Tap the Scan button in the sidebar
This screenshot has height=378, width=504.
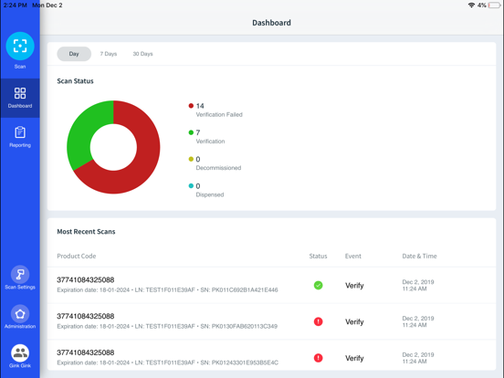point(20,47)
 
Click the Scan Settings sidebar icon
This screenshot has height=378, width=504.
point(20,275)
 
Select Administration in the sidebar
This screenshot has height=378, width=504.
point(20,314)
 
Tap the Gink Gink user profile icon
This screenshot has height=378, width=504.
point(20,353)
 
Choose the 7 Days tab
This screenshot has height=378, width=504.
point(109,54)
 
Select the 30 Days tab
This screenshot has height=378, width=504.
point(142,54)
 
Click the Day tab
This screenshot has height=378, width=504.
point(74,54)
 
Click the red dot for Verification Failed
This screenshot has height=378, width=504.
point(191,106)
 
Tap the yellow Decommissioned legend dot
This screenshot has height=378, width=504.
point(191,159)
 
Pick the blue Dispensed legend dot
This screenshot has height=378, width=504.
point(191,186)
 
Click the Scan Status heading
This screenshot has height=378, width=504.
point(75,81)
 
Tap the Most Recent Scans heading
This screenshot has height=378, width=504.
point(86,232)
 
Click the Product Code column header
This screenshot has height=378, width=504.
point(76,257)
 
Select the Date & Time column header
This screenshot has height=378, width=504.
point(419,257)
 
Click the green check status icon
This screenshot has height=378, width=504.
point(318,286)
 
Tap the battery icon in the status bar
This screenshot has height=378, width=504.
point(494,5)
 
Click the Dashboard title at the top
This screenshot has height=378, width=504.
point(271,23)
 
